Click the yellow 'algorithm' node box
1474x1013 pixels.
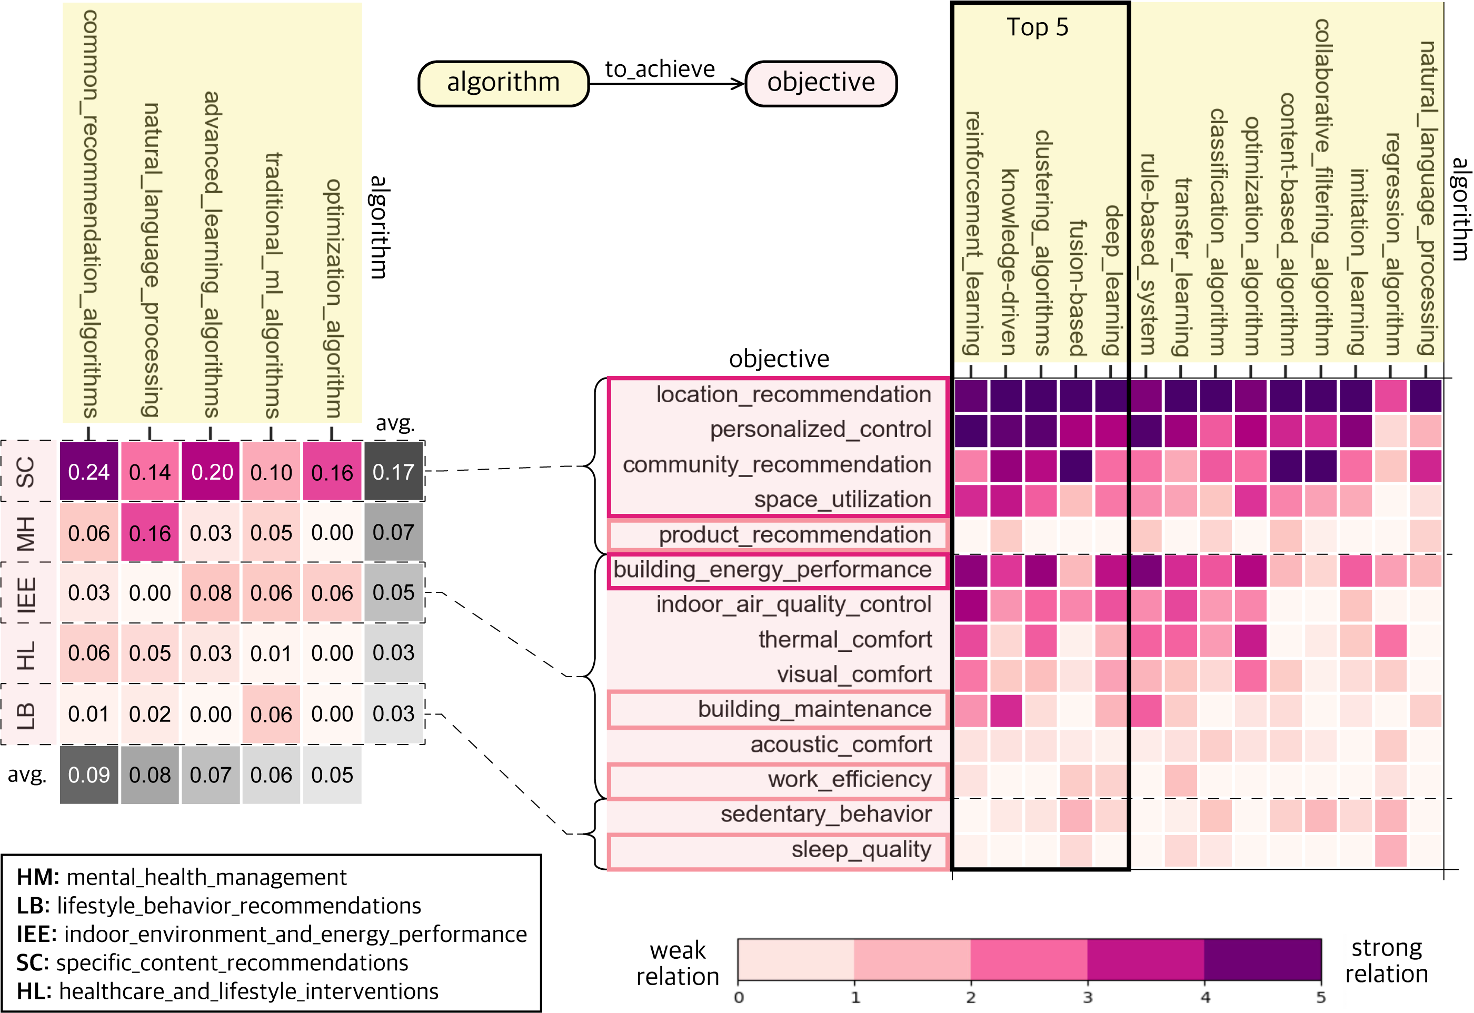coord(503,83)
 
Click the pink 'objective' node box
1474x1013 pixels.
coord(821,83)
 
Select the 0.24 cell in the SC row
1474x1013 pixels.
coord(89,472)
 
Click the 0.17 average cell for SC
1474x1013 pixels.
coord(393,472)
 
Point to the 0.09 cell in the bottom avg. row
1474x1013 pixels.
coord(89,774)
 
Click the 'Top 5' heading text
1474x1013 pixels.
coord(1038,27)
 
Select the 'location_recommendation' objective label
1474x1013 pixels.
coord(793,395)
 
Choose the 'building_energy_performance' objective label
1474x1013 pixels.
coord(772,570)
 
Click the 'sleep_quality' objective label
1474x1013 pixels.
coord(861,849)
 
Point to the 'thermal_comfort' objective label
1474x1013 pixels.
coord(845,640)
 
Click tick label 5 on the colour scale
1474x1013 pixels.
coord(1320,997)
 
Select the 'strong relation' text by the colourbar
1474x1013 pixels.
coord(1387,960)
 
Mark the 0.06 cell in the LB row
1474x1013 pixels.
coord(271,714)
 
